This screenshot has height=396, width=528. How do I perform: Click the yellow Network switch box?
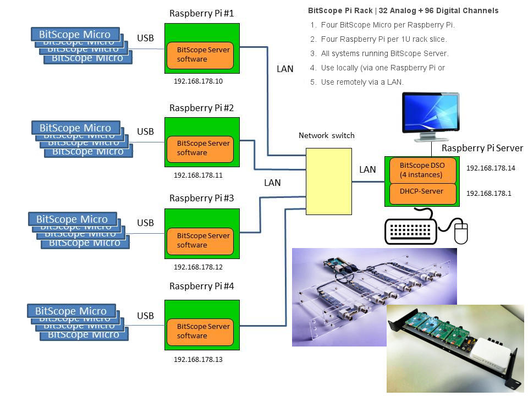click(329, 181)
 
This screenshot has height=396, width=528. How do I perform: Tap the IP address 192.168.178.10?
click(198, 81)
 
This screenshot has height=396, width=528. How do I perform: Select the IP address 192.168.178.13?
click(198, 359)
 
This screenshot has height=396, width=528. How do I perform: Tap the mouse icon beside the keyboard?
click(461, 233)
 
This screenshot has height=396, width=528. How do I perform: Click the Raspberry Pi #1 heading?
click(201, 13)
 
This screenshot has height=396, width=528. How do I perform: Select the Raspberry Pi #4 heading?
click(201, 286)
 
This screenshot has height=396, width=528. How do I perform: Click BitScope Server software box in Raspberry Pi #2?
click(200, 148)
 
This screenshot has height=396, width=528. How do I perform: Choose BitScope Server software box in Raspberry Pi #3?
click(200, 240)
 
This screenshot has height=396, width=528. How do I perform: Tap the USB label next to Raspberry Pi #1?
click(145, 38)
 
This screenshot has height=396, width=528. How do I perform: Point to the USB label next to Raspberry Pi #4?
click(145, 316)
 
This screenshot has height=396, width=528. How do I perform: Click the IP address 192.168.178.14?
click(491, 168)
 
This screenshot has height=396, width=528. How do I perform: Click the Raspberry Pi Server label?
click(482, 148)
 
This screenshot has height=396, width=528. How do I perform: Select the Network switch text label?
click(326, 135)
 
